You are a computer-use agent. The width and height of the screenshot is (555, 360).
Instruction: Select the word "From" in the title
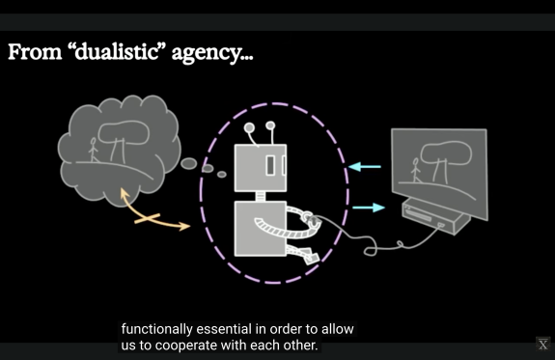click(x=35, y=52)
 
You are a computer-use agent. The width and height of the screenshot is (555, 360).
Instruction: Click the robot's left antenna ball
click(x=249, y=127)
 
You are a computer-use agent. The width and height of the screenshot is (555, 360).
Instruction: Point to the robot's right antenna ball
click(x=270, y=125)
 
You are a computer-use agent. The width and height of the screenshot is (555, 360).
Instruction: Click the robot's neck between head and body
click(x=261, y=197)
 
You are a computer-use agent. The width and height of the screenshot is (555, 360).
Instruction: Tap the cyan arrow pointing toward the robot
click(x=365, y=166)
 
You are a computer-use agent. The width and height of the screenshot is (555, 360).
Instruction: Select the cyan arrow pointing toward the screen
click(x=369, y=208)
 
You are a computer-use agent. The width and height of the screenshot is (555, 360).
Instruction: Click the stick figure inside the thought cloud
click(x=93, y=150)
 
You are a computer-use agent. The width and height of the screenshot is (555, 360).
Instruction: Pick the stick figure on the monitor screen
click(x=416, y=170)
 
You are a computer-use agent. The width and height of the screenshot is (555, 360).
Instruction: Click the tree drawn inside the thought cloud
click(x=123, y=141)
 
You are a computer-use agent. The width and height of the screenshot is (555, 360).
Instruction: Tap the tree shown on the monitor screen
click(x=445, y=162)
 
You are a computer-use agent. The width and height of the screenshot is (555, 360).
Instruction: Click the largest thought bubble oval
click(x=188, y=163)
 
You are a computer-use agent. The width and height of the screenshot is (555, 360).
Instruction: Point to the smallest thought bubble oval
click(x=222, y=174)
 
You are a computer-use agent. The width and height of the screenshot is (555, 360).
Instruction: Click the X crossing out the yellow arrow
click(x=148, y=219)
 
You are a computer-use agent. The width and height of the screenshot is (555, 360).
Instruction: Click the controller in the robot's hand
click(x=312, y=219)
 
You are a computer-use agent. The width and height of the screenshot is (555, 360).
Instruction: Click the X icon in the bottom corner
click(x=543, y=344)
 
